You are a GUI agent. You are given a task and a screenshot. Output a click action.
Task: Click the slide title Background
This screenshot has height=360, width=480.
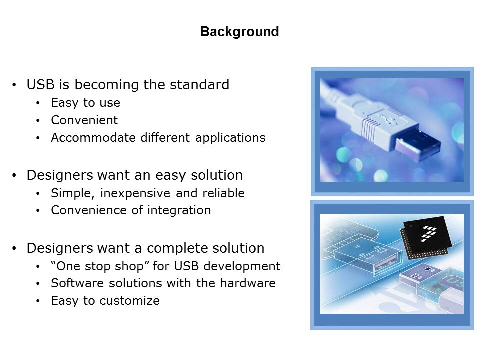[x=239, y=32]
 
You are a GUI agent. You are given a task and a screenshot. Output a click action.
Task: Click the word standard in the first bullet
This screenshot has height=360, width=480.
[x=199, y=85]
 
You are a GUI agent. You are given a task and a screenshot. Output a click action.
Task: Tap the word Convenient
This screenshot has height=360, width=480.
[x=84, y=120]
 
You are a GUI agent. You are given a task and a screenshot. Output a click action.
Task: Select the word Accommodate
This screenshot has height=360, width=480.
[x=93, y=138]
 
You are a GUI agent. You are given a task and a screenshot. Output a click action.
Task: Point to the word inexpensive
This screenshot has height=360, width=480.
[x=135, y=193]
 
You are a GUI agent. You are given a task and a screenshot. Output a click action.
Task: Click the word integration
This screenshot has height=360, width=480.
[x=179, y=210]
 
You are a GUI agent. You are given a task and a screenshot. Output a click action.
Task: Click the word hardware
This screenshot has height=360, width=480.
[x=248, y=283]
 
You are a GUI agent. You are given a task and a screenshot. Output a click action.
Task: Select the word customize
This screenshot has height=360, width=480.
[x=130, y=301]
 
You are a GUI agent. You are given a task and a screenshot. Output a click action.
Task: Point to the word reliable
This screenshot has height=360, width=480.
[x=224, y=193]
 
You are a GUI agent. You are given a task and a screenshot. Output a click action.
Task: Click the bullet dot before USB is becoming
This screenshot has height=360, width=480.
[x=14, y=85]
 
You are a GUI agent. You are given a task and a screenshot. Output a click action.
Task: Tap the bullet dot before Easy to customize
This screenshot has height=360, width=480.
[x=38, y=301]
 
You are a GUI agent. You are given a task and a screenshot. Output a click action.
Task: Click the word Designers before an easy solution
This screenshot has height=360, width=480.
[x=60, y=175]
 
